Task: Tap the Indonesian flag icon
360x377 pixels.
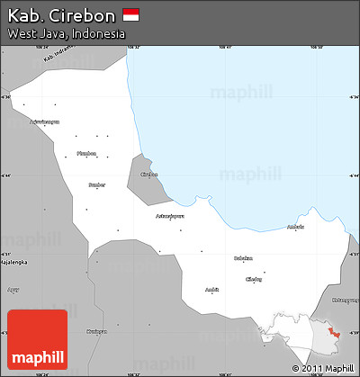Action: (131, 15)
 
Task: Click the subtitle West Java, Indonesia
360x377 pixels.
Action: (66, 33)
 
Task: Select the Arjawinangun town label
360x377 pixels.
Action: (44, 121)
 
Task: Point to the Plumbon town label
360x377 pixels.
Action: (85, 152)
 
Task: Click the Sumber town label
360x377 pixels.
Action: (96, 184)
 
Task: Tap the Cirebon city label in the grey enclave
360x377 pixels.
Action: (149, 175)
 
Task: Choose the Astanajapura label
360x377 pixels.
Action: (170, 216)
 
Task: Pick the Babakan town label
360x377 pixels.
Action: (243, 258)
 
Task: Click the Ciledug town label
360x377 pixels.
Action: (255, 279)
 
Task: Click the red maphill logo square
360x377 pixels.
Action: (37, 339)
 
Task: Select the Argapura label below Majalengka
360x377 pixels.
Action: (13, 291)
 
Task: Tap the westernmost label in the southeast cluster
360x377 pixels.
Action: (211, 290)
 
